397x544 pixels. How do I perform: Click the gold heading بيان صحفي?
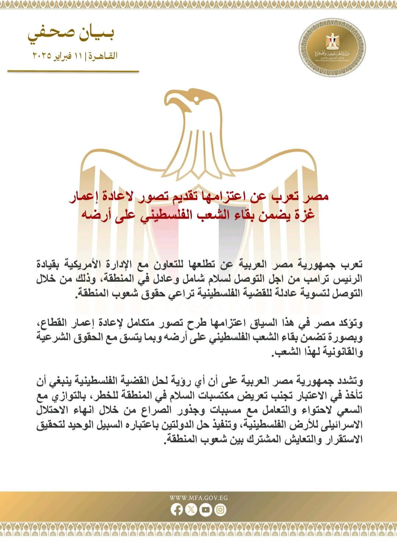coord(71,34)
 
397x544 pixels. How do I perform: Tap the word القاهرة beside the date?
coord(104,56)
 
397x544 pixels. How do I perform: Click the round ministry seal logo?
coord(332,48)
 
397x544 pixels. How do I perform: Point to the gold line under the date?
coord(73,71)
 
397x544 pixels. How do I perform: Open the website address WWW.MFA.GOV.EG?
coord(198,498)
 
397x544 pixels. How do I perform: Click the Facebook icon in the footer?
coord(177,510)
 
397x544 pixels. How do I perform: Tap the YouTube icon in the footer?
coord(205,510)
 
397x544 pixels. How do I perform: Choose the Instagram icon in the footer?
coord(220,510)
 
